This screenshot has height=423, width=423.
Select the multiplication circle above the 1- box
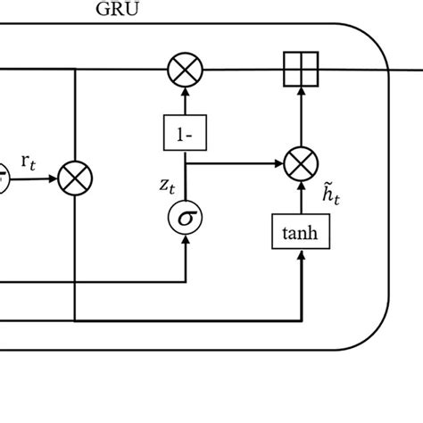click(186, 68)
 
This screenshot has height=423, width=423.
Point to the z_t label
click(167, 186)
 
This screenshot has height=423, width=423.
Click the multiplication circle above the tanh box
click(301, 165)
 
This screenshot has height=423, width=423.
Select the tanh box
click(301, 234)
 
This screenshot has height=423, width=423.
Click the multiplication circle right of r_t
click(75, 178)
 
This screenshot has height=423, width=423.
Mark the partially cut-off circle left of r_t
click(4, 178)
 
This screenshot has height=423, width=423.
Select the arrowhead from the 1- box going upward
click(186, 91)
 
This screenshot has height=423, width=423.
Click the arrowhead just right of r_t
click(52, 178)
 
